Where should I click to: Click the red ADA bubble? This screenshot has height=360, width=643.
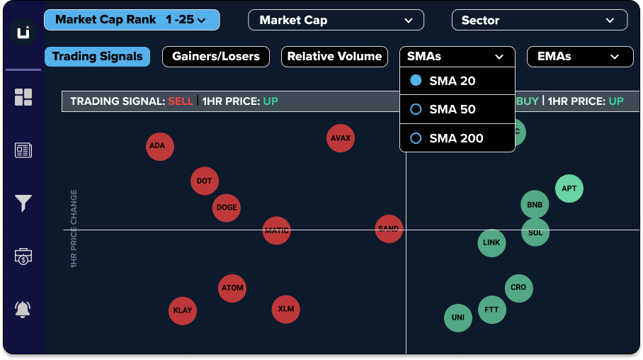click(159, 147)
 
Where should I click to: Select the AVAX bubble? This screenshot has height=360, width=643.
click(341, 138)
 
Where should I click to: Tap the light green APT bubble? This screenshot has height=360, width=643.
click(569, 189)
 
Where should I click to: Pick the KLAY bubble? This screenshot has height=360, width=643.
click(183, 310)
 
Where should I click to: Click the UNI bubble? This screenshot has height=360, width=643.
click(457, 317)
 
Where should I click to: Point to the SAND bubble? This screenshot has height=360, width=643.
click(388, 229)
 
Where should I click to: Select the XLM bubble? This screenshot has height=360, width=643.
click(285, 309)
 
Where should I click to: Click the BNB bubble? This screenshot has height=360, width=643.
click(535, 206)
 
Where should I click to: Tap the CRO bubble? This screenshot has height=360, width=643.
click(518, 288)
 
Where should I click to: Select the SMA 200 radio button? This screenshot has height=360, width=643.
click(416, 138)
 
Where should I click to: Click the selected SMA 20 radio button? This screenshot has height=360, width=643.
click(416, 81)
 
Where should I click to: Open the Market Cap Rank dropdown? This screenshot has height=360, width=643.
click(132, 20)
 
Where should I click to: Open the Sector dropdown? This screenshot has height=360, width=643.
click(539, 21)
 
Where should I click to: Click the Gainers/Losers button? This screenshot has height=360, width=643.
click(215, 57)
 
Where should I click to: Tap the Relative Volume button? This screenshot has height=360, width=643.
click(334, 57)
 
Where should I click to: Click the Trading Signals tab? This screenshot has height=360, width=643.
click(97, 57)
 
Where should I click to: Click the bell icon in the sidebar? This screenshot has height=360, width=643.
click(23, 309)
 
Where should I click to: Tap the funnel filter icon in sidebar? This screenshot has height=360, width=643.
click(23, 204)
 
